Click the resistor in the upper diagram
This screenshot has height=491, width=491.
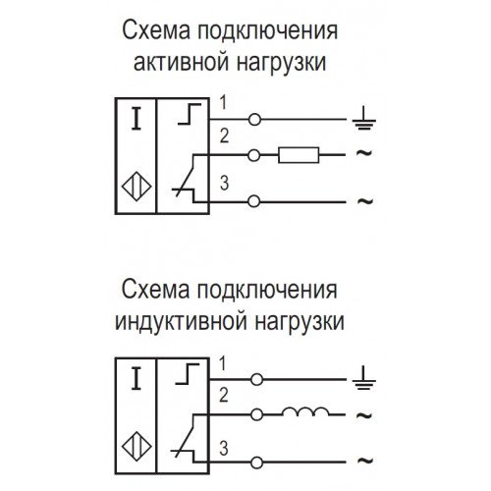click(x=299, y=155)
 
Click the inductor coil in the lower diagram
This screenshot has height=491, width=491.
click(x=305, y=411)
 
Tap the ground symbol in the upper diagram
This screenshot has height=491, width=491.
click(x=364, y=118)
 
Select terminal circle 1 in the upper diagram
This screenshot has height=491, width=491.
click(x=254, y=120)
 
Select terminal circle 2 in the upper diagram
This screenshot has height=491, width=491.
click(x=254, y=155)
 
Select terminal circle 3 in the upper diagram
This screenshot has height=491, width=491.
click(x=253, y=201)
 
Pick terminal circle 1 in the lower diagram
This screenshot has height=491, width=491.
click(x=256, y=379)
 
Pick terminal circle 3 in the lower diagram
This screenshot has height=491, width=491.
click(x=256, y=463)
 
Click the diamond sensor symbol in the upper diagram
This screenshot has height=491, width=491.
click(x=136, y=187)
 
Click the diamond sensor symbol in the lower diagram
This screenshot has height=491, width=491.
click(x=136, y=447)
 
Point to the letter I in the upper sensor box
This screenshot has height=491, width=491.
click(x=136, y=119)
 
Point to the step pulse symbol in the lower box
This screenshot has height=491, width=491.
click(x=188, y=373)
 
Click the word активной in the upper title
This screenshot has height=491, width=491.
click(x=181, y=62)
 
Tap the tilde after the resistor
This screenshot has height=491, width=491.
click(x=364, y=152)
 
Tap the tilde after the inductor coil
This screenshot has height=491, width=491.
click(x=364, y=415)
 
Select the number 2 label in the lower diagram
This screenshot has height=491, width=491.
click(x=224, y=395)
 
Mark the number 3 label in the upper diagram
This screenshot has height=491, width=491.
click(x=224, y=183)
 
